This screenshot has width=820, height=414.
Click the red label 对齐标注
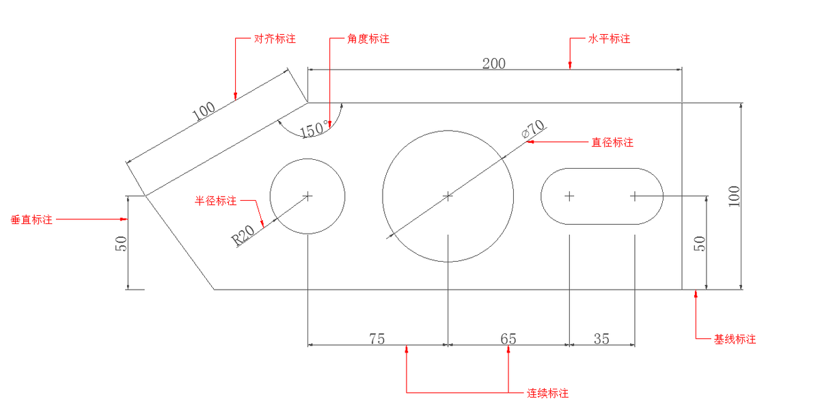275,39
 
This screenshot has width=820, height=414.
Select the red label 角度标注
368,39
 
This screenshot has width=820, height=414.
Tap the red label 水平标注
609,39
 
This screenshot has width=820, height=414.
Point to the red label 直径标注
612,143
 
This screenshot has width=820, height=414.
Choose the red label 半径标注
216,201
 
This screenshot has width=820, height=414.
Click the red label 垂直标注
31,220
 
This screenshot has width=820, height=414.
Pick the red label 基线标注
735,339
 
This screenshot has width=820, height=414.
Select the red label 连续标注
547,394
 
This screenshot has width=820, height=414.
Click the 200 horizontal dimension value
494,64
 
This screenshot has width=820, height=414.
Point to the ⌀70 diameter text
533,129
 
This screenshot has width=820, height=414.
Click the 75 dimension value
377,338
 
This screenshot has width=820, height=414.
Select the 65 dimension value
508,338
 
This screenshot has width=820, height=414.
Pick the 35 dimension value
601,338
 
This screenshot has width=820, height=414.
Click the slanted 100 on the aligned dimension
204,112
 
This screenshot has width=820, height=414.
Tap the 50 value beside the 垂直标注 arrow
121,244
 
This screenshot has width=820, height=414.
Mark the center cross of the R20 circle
308,196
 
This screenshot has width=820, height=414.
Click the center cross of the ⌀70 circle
448,196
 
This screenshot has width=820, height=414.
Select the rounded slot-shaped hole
602,196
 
